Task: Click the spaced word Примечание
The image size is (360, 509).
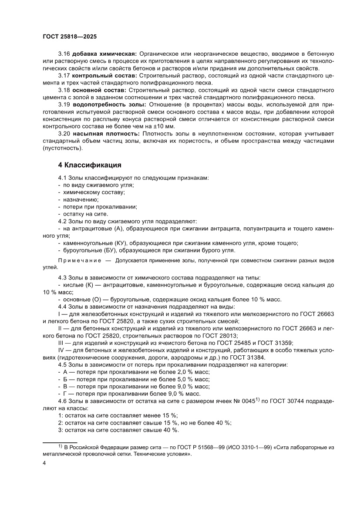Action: click(75, 261)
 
